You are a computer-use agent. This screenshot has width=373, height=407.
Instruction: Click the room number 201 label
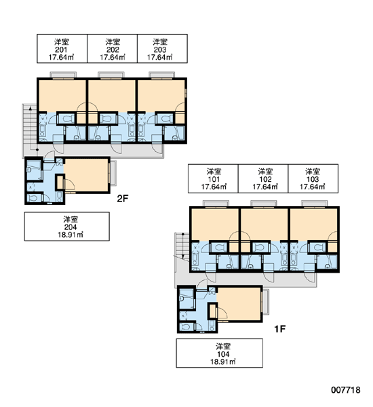tap(62, 49)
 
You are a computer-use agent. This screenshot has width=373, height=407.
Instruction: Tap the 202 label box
tap(112, 49)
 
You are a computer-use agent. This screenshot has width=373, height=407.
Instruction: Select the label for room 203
tap(162, 49)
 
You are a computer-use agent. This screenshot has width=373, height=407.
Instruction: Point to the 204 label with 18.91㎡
tap(67, 227)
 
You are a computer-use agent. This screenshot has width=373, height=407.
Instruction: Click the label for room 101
tap(213, 178)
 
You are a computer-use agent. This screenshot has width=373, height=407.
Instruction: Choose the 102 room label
tap(263, 178)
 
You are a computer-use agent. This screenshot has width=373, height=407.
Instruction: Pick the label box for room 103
tap(313, 178)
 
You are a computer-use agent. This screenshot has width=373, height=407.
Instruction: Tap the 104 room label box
tap(220, 353)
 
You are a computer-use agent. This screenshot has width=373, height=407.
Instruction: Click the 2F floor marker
tap(123, 199)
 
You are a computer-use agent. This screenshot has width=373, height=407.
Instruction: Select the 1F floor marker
tap(280, 329)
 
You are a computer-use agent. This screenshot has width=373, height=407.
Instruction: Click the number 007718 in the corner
tap(346, 390)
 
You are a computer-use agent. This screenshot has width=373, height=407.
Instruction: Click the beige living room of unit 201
tap(62, 96)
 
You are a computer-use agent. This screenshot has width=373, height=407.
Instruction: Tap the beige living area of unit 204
tap(86, 175)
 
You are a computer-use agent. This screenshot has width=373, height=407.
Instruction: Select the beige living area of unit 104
tap(239, 304)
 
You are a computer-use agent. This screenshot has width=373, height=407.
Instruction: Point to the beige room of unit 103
tap(313, 225)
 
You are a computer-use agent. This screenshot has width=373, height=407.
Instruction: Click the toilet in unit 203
tap(165, 119)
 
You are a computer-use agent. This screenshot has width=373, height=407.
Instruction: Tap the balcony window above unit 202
tap(111, 75)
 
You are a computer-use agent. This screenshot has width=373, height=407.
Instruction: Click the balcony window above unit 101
tap(216, 204)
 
